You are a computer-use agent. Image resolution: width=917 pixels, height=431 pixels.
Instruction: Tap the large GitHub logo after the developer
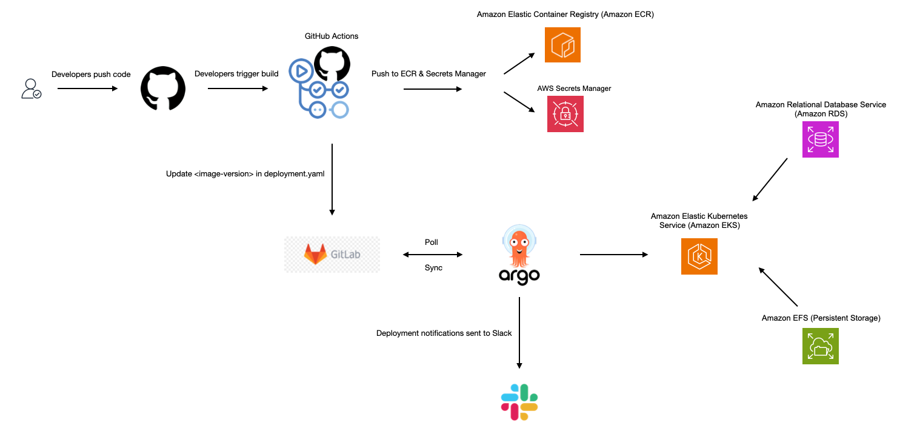tap(163, 89)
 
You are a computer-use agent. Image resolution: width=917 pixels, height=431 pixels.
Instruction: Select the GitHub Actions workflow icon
tap(319, 85)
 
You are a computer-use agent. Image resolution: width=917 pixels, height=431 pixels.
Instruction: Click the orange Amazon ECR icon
tap(562, 44)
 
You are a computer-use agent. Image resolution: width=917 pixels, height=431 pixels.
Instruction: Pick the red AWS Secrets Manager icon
tap(565, 114)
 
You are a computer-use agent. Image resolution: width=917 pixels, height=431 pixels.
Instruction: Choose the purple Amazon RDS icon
tap(820, 139)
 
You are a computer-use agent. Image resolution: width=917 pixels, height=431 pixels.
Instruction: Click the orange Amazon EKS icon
tap(699, 256)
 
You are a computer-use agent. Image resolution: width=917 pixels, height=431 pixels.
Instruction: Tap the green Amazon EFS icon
tap(820, 346)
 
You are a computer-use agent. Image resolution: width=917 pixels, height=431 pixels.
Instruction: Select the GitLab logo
tap(332, 255)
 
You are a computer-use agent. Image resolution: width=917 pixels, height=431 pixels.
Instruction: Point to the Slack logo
tap(519, 402)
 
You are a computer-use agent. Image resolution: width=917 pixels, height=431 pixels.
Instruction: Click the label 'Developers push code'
tap(91, 75)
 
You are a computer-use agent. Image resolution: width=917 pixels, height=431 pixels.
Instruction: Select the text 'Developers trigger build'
tap(236, 74)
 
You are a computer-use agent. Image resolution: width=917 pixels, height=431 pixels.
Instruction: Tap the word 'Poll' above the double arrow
tap(431, 242)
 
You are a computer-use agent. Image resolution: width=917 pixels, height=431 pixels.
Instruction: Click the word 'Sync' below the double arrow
tap(433, 268)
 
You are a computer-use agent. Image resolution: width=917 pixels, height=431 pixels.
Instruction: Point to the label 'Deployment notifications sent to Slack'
tap(444, 333)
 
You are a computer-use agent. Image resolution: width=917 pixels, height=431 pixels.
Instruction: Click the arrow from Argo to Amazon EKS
tap(613, 255)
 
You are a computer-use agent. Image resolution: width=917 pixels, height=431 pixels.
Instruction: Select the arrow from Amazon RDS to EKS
tap(770, 179)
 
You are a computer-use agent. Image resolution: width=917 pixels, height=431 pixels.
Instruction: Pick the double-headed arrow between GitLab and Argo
tap(433, 255)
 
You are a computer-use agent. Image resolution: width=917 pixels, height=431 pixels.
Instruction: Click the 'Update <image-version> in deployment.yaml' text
tap(245, 174)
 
